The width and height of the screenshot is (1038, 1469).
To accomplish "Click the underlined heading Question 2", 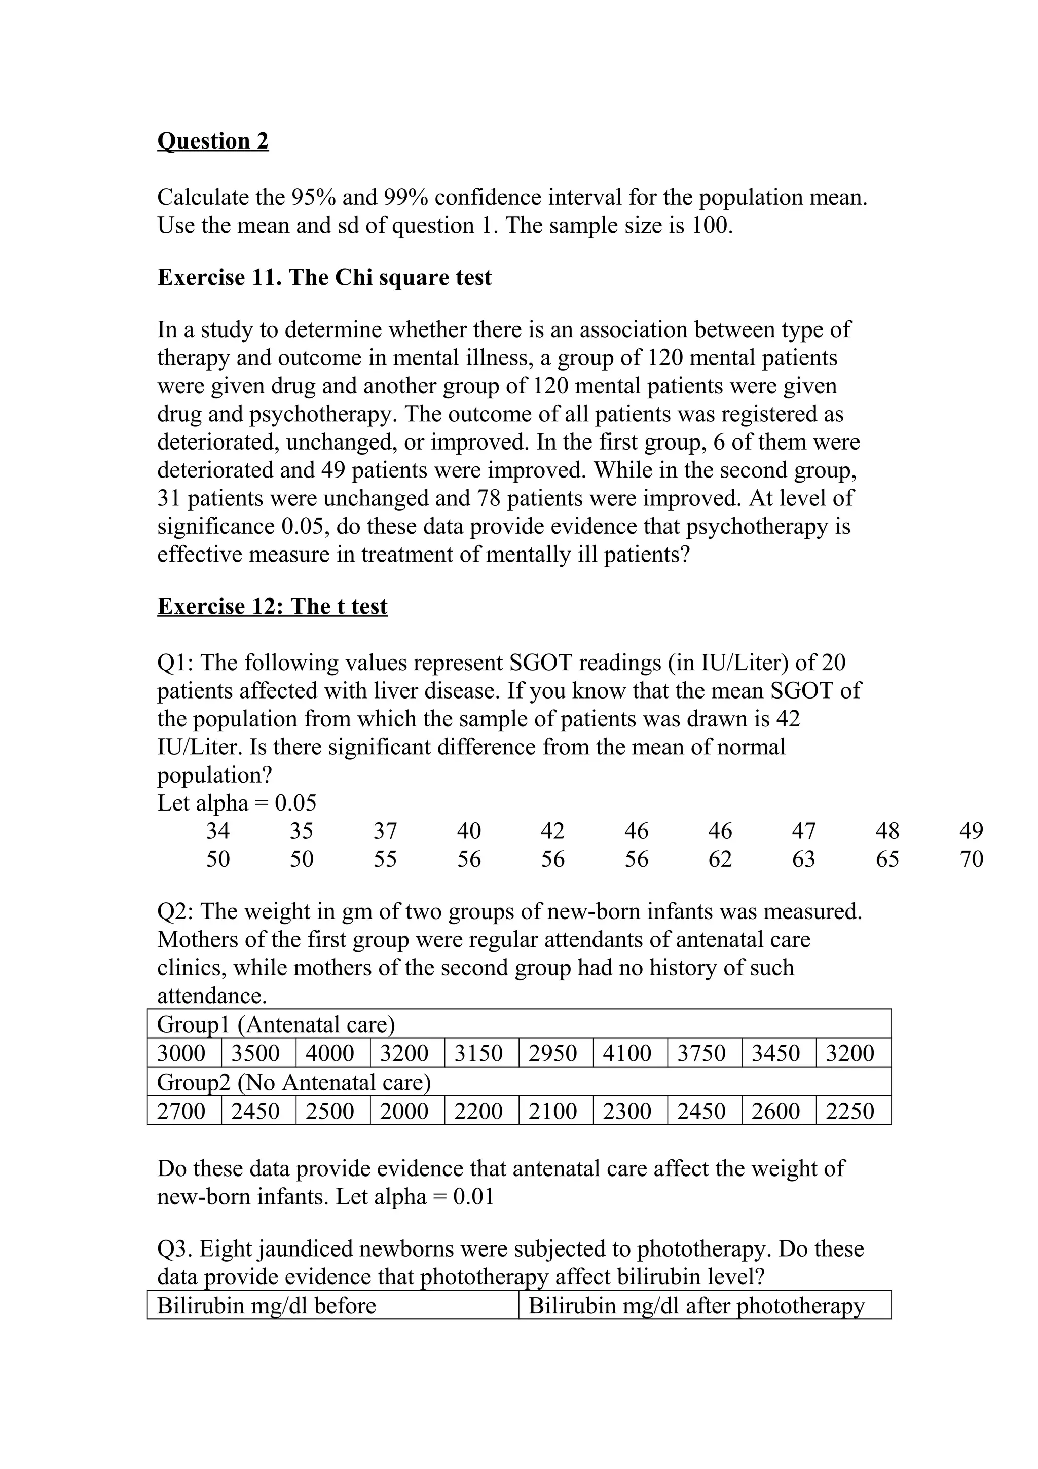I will pyautogui.click(x=212, y=141).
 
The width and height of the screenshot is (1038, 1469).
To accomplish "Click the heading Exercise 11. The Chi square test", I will pyautogui.click(x=324, y=277).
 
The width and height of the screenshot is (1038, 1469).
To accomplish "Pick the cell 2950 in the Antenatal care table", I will pyautogui.click(x=552, y=1054).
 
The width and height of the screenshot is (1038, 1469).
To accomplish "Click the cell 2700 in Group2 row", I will pyautogui.click(x=181, y=1111).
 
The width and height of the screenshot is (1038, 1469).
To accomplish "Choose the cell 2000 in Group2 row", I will pyautogui.click(x=403, y=1111).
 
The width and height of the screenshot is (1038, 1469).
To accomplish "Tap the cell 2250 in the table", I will pyautogui.click(x=849, y=1111).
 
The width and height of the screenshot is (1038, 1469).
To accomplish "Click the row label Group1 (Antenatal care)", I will pyautogui.click(x=276, y=1025).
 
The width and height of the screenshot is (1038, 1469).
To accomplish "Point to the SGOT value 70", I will pyautogui.click(x=971, y=859).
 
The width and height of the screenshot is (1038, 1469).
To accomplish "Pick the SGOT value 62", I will pyautogui.click(x=720, y=859).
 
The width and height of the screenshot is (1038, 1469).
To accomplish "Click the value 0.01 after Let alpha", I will pyautogui.click(x=473, y=1196).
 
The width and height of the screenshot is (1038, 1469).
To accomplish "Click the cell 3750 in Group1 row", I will pyautogui.click(x=701, y=1054).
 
